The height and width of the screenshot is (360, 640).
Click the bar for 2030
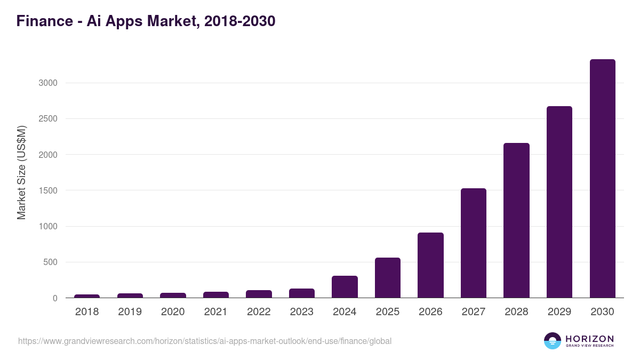pos(602,179)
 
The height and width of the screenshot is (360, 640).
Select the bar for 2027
pos(474,243)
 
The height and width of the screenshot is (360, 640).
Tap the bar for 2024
pos(345,287)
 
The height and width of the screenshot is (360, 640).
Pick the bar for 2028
pos(516,220)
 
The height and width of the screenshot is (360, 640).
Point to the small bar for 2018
pos(87,296)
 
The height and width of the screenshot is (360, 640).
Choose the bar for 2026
pos(430,265)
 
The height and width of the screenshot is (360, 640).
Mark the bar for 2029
pos(559,202)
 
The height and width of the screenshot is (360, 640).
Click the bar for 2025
pos(388,278)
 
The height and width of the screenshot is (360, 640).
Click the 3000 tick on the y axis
pos(47,83)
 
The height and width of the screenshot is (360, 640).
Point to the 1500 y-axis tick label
pos(47,190)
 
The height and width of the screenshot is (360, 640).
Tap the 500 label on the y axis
pos(50,262)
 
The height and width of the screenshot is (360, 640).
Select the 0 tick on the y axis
pos(54,298)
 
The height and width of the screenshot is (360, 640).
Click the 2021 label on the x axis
pos(216,312)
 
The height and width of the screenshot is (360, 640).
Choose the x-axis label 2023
pos(302,312)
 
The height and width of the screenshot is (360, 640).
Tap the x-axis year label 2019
pos(130,312)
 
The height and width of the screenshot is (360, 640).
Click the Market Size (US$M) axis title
pos(21,172)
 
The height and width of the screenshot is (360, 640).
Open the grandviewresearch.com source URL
pos(205,341)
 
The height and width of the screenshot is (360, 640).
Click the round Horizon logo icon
pos(553,341)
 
